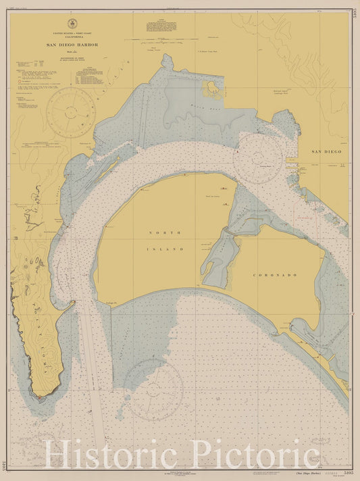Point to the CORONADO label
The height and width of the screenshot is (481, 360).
point(271,275)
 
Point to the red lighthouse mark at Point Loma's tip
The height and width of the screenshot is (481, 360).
point(43,399)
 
